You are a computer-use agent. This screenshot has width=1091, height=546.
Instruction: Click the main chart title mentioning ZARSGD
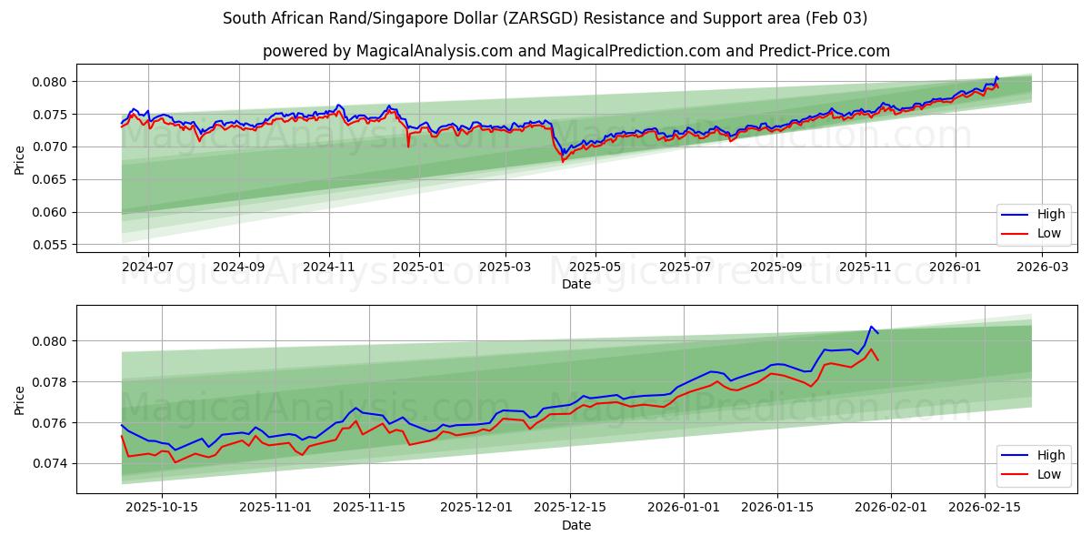click(x=545, y=18)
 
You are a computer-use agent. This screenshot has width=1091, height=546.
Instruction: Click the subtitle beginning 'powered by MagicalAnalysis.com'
click(x=576, y=51)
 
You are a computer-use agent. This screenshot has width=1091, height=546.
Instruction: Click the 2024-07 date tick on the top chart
click(x=147, y=268)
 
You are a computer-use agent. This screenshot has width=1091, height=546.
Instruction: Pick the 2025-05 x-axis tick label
click(x=596, y=268)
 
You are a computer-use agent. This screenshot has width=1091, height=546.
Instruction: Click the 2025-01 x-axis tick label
click(x=418, y=268)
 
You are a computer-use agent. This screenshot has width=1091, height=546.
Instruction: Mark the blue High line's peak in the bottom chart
click(x=871, y=327)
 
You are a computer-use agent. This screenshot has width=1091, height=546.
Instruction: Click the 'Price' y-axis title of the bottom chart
click(x=20, y=399)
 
